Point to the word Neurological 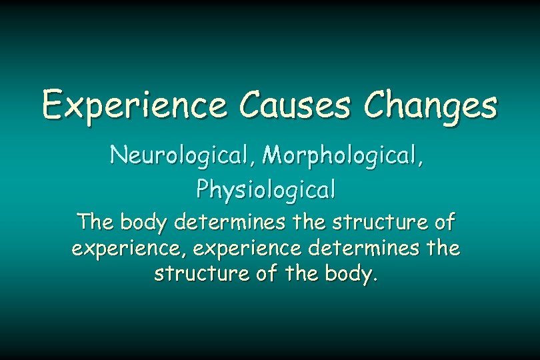point(181,155)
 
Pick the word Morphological point(342,156)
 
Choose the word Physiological point(266,191)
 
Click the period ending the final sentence point(375,279)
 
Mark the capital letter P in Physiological point(203,189)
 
